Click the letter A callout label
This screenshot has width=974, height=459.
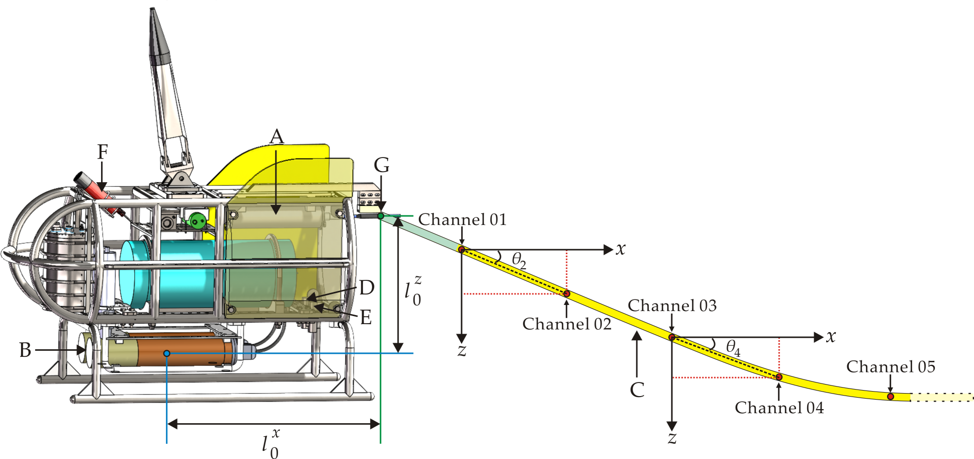point(277,137)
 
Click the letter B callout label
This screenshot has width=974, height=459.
point(25,350)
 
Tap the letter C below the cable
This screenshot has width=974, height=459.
point(637,390)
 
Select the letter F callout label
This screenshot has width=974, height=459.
point(103,152)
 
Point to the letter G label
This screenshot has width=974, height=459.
point(382,165)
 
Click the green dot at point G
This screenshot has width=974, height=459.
point(381,216)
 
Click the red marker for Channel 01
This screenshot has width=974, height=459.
point(462,249)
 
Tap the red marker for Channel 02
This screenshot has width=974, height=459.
point(566,293)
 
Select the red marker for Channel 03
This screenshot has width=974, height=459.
point(672,337)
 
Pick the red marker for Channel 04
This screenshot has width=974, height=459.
point(779,377)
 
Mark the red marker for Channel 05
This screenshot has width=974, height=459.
point(891,397)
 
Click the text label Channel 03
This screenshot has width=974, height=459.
point(672,305)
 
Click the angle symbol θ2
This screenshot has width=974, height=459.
point(519,261)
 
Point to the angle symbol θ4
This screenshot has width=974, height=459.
point(733,348)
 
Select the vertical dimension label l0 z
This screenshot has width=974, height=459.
point(413,291)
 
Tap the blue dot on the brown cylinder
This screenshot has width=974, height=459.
point(167,354)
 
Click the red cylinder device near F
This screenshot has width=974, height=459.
point(94,188)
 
